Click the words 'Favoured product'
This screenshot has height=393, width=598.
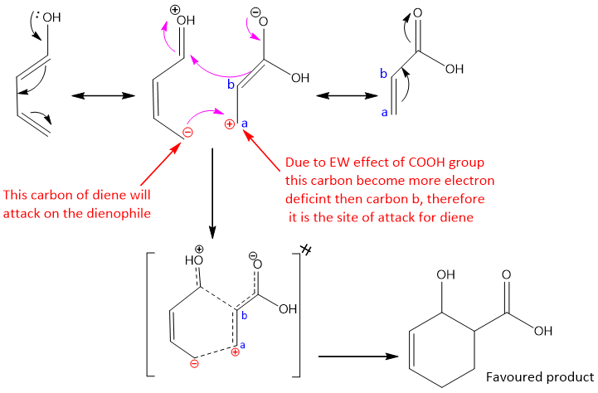click(x=540, y=375)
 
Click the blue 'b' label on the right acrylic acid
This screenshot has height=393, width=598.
click(x=383, y=74)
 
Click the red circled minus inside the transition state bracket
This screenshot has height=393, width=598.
click(x=193, y=362)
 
